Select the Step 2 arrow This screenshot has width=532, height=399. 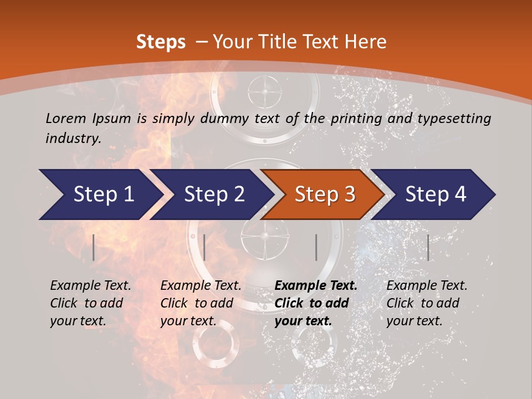pos(214,195)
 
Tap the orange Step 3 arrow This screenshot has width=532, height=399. pos(325,195)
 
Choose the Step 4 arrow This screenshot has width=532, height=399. pos(436,195)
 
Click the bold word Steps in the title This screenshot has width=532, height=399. pos(161,42)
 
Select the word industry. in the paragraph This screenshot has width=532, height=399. pos(73,139)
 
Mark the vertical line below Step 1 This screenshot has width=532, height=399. pos(94,247)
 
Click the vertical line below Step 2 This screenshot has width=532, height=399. pos(204,247)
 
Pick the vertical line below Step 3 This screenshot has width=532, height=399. pos(316,247)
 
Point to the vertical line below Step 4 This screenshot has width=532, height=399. pos(428,247)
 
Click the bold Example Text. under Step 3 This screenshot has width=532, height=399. pos(316,286)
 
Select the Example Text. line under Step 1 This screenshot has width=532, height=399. pos(90,286)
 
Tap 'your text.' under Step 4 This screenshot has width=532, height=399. pos(415,321)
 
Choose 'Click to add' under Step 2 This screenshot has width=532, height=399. pos(197,304)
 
